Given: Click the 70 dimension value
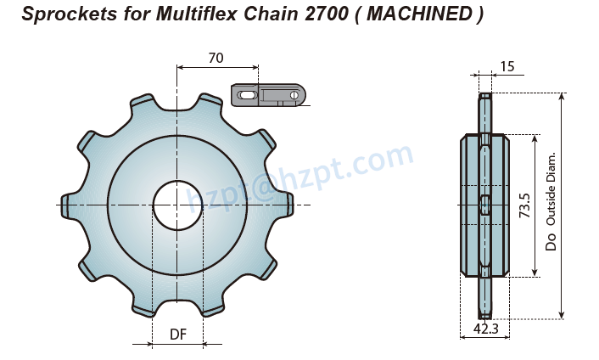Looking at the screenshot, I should (216, 59).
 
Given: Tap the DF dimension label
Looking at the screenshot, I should (178, 335).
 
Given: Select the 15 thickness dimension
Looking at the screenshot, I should (507, 66).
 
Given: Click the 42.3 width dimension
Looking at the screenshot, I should (485, 329).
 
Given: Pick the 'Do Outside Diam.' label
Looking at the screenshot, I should (551, 202).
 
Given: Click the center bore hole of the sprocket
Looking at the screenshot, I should (177, 205).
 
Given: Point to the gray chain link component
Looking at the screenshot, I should (267, 94).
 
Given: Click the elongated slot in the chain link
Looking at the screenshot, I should (247, 96).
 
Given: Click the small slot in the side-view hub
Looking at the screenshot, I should (484, 205).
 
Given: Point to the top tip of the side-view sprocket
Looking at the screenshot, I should (484, 96).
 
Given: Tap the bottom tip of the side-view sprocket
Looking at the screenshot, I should (484, 315).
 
